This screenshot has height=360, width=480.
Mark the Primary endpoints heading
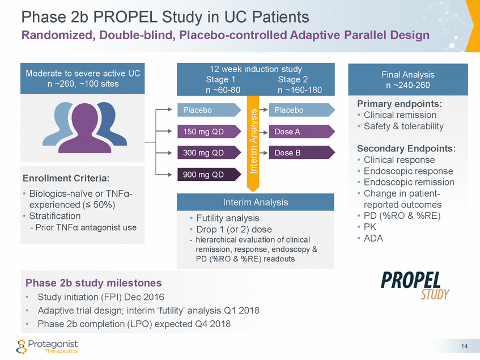click(x=399, y=105)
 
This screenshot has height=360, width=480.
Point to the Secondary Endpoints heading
click(x=406, y=149)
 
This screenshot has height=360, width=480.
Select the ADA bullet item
click(x=373, y=238)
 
